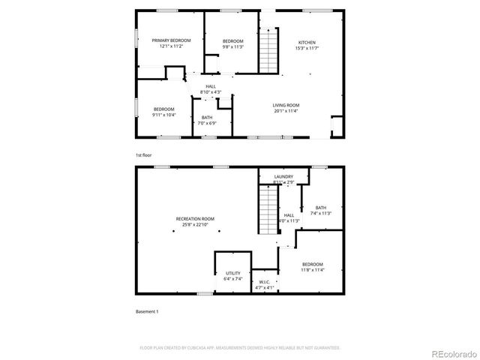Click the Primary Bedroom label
tap(171, 40)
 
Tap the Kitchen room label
tap(307, 42)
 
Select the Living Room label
tap(286, 105)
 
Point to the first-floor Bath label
tap(206, 117)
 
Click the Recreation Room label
tap(195, 218)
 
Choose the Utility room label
tap(232, 274)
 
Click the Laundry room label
tap(283, 177)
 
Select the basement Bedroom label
tap(313, 264)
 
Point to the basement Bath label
tap(321, 208)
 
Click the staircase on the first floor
tap(268, 51)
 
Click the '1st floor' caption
tap(143, 154)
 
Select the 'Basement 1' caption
tap(147, 311)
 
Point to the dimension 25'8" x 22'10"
tap(195, 224)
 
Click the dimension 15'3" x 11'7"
tap(307, 48)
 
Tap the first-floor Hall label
tap(211, 87)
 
